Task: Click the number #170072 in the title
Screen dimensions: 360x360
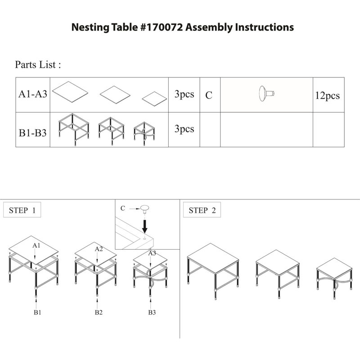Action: [161, 27]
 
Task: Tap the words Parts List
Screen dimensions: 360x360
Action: [36, 64]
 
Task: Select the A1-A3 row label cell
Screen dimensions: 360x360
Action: [33, 95]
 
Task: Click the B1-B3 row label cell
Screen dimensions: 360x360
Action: [33, 130]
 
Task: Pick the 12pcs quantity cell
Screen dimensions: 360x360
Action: [328, 95]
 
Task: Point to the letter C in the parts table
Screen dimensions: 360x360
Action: [209, 95]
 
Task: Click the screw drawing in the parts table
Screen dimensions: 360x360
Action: [266, 94]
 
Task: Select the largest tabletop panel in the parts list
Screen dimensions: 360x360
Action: [70, 91]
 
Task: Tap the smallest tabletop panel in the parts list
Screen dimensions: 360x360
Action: [154, 99]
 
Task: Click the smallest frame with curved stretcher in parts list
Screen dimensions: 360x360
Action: [144, 133]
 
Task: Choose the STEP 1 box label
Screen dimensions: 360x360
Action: [22, 210]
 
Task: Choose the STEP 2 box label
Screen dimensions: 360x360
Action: [202, 210]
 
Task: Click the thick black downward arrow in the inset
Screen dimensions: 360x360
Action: [144, 226]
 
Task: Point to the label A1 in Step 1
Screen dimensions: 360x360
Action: [36, 245]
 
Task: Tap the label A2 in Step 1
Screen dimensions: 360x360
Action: [99, 249]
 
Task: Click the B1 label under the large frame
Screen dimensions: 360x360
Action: [37, 312]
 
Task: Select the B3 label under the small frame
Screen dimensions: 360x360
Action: [152, 312]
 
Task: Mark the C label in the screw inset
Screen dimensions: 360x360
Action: [123, 208]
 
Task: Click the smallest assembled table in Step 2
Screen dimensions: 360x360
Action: [334, 278]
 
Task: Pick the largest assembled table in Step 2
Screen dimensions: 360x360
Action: [213, 271]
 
